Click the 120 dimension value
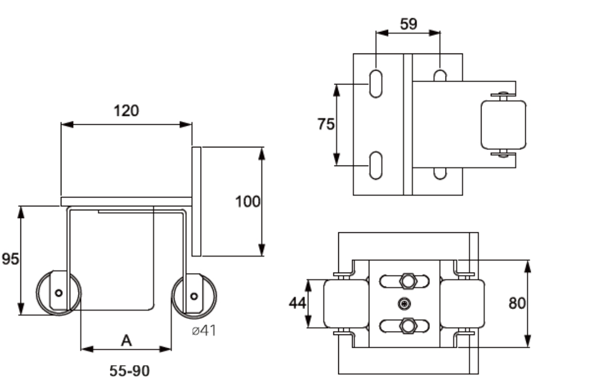[127, 111]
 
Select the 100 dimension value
[247, 201]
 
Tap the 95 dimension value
[9, 259]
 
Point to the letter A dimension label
[126, 341]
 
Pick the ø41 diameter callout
[202, 331]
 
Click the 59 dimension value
[408, 24]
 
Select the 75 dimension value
[326, 124]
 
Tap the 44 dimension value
[297, 303]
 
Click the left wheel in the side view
[59, 292]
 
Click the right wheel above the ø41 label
[193, 296]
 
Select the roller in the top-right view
[503, 124]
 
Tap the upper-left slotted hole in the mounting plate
[375, 84]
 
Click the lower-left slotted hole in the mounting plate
[375, 165]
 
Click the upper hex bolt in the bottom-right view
[408, 281]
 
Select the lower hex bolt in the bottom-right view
[408, 326]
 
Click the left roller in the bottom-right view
[345, 303]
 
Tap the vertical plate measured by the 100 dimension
[196, 201]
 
